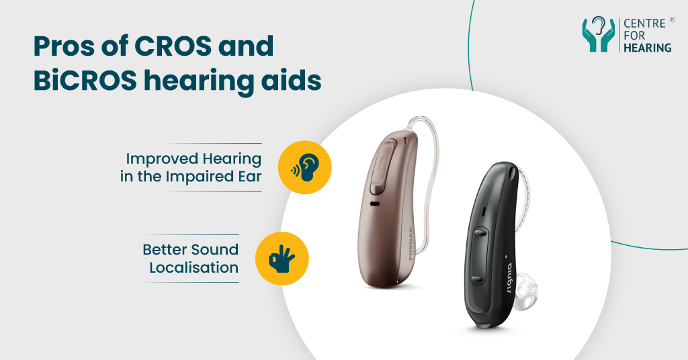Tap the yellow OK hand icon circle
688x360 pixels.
coord(282,258)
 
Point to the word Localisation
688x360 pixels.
coord(193,267)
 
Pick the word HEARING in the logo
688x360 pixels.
coord(646,48)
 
